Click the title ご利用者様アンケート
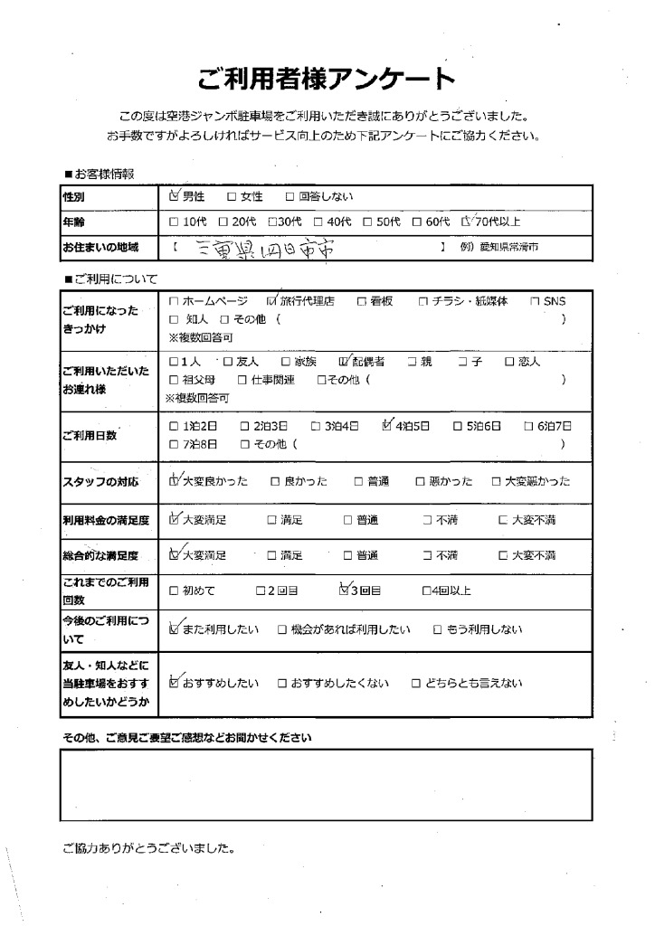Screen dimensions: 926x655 pos(327,80)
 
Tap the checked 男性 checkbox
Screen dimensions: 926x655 pos(175,195)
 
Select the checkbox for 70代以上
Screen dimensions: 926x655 pos(467,221)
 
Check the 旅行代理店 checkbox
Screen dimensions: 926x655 pos(272,300)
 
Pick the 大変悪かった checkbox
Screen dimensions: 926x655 pos(498,481)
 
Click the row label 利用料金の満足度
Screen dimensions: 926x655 pos(100,520)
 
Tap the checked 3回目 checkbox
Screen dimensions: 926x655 pos(343,591)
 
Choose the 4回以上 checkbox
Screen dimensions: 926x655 pos(426,591)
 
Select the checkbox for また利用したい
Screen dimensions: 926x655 pos(175,629)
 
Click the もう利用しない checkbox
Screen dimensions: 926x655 pos(437,629)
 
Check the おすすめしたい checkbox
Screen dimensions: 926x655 pos(175,684)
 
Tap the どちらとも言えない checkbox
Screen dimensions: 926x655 pos(417,685)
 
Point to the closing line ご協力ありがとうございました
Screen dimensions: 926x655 pos(148,849)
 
